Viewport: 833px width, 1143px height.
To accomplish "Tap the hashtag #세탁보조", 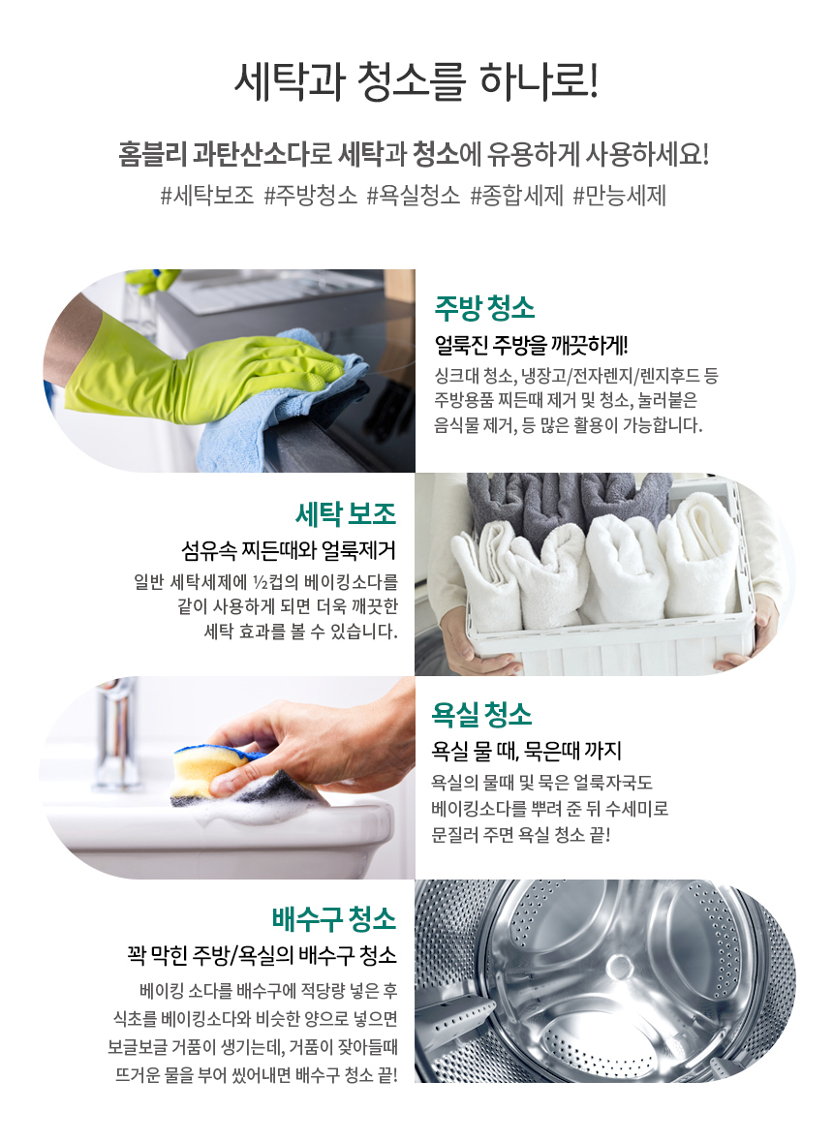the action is [x=207, y=196].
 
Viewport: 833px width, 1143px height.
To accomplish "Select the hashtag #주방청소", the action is [x=311, y=196].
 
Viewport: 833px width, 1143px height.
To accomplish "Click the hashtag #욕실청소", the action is [x=414, y=196].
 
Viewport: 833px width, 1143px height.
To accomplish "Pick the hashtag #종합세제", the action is [x=516, y=196].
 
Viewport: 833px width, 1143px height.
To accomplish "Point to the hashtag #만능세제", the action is [x=620, y=196].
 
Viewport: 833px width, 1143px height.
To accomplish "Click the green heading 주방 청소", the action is [x=484, y=308].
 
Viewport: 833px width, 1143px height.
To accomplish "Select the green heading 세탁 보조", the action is [x=346, y=514].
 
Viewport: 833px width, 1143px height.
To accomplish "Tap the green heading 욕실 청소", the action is [x=481, y=715].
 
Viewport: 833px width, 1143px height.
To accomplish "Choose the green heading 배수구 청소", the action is [x=334, y=918].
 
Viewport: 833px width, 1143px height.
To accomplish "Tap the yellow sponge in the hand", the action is [x=211, y=769].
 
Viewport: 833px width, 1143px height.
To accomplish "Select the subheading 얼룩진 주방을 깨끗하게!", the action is [x=532, y=345].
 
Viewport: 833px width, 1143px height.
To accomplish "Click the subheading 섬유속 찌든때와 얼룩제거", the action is [x=289, y=550].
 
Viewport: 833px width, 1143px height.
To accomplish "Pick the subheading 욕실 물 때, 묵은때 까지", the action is [x=526, y=750].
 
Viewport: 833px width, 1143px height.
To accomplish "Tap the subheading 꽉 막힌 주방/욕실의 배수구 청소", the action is [x=262, y=954].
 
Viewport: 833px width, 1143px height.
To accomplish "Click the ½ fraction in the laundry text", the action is [x=261, y=582].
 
